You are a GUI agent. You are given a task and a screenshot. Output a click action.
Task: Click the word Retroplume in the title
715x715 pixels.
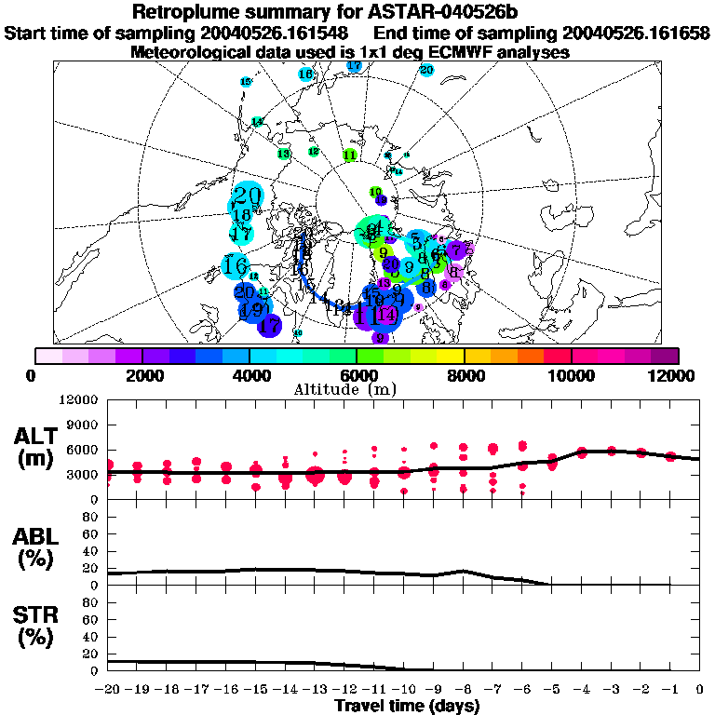click(x=185, y=12)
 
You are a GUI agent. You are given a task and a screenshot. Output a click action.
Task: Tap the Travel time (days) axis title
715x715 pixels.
click(x=407, y=707)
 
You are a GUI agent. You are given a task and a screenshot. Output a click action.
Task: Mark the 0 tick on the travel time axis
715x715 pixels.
click(x=700, y=690)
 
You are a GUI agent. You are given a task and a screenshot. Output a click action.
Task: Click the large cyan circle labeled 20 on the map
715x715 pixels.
click(x=247, y=196)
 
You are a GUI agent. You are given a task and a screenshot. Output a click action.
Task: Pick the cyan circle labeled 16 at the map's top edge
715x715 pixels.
click(x=305, y=74)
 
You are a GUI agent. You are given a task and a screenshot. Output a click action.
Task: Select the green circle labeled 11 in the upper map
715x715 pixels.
click(x=350, y=155)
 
